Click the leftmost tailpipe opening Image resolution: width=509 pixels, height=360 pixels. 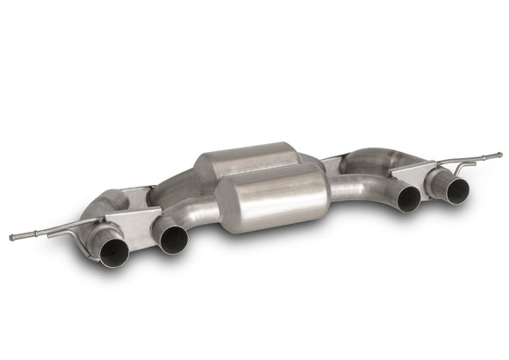[113, 253]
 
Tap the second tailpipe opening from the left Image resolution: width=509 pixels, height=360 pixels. [173, 238]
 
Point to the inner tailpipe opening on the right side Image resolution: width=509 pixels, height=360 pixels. [408, 198]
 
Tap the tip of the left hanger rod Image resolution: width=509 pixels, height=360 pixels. [11, 237]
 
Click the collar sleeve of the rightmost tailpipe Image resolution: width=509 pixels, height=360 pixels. [439, 181]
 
